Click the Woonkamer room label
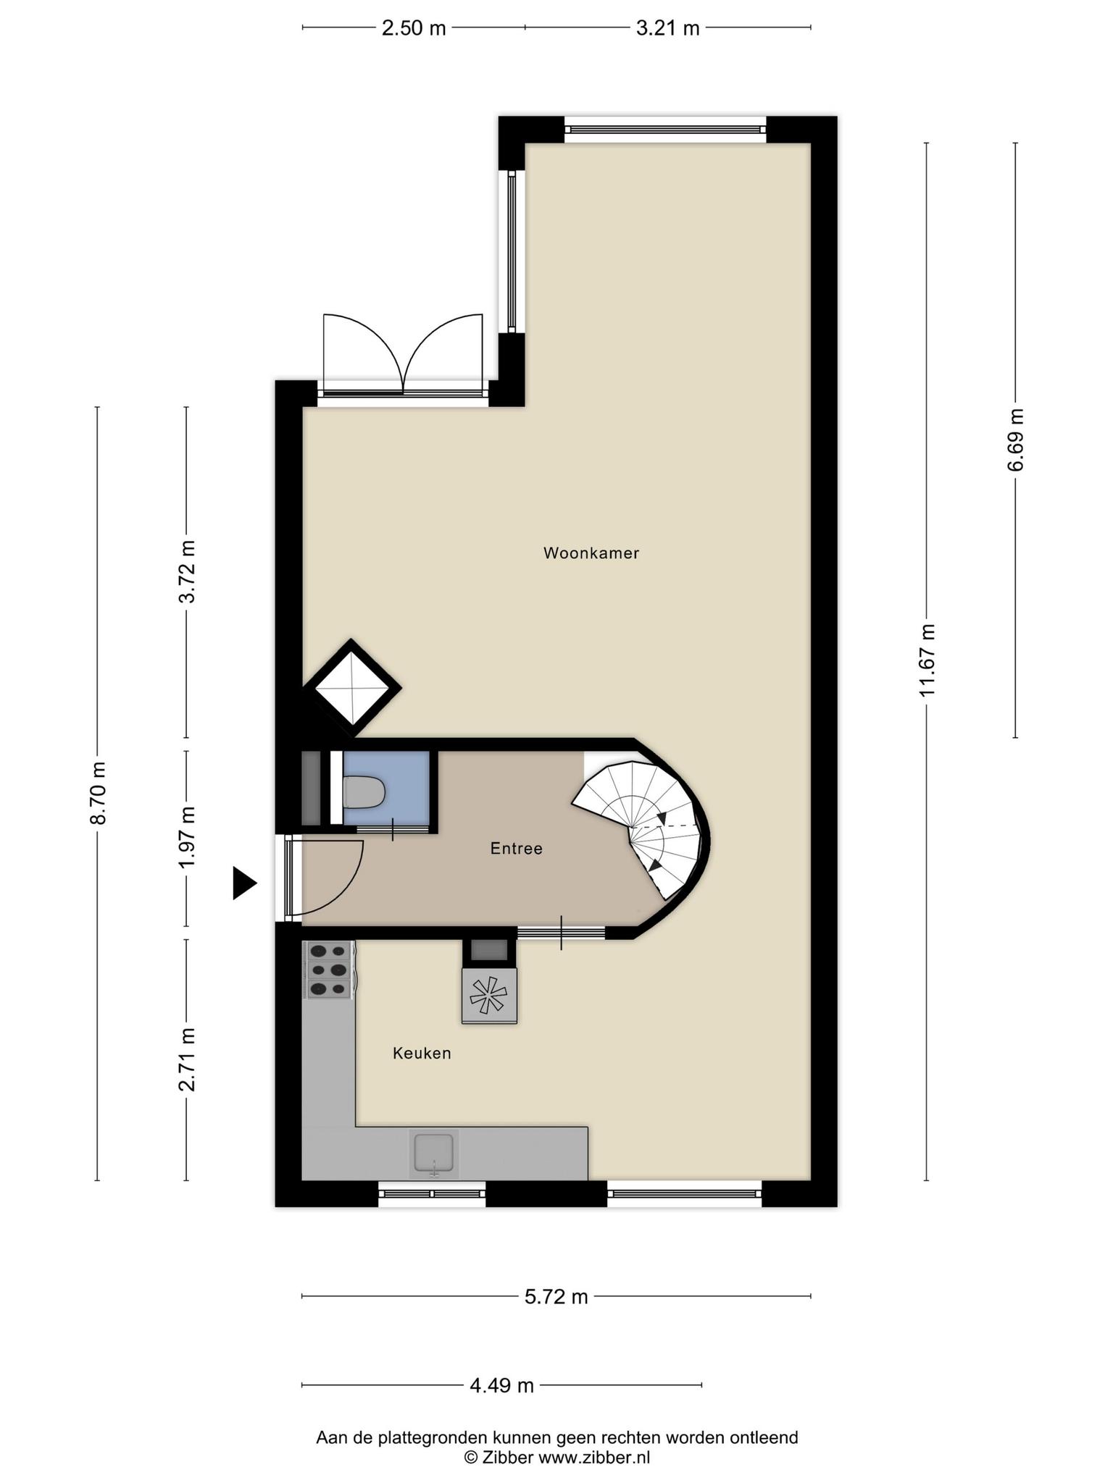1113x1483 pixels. [591, 554]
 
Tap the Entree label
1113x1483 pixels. [517, 849]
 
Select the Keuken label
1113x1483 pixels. [422, 1054]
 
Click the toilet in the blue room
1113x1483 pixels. [363, 792]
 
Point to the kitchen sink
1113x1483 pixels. [433, 1154]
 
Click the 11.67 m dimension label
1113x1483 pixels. [927, 660]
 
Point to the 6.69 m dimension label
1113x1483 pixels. [1016, 440]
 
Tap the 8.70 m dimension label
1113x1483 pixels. [98, 793]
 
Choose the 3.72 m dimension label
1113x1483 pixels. [187, 571]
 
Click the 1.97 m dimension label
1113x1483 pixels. [187, 838]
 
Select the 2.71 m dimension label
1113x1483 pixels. [187, 1059]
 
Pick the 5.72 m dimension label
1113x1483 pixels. [556, 1297]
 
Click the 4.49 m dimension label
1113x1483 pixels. [502, 1385]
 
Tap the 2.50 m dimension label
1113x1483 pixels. [414, 28]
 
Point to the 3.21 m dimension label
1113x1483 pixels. [668, 28]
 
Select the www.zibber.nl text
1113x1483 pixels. [594, 1458]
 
